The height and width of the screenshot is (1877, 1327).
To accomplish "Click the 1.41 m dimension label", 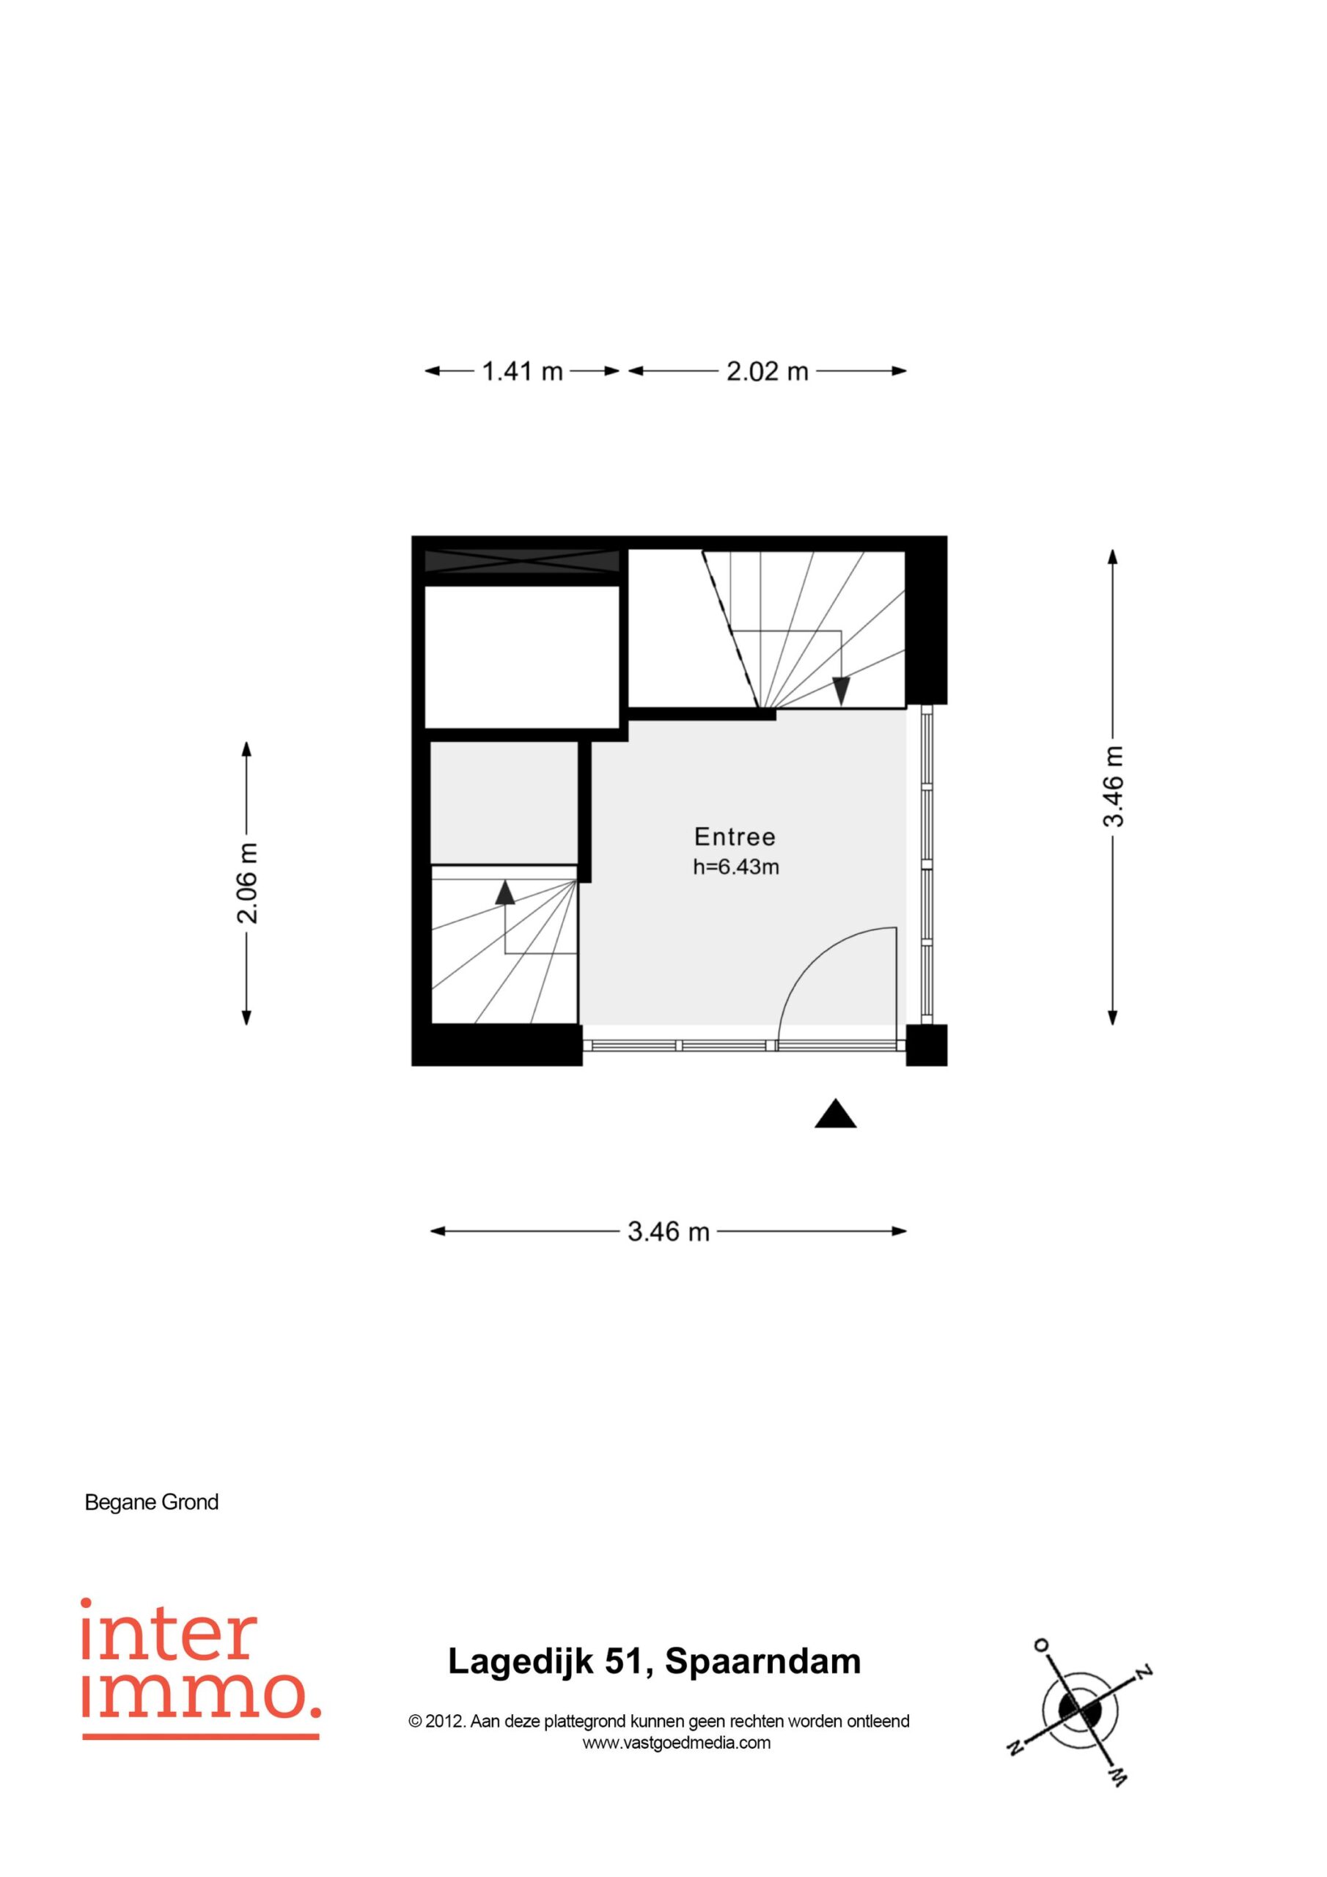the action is coord(522,371).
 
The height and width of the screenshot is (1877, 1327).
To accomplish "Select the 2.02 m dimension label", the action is coord(767,371).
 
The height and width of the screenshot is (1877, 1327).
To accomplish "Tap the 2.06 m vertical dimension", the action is coord(247,882).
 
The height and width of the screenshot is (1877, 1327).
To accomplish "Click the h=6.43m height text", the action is coord(736,867).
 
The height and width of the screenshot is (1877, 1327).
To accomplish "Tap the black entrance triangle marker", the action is coord(835,1114).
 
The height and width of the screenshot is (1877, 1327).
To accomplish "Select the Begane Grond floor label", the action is coord(152,1502).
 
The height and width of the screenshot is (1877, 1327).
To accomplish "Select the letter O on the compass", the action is coord(1042,1644).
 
